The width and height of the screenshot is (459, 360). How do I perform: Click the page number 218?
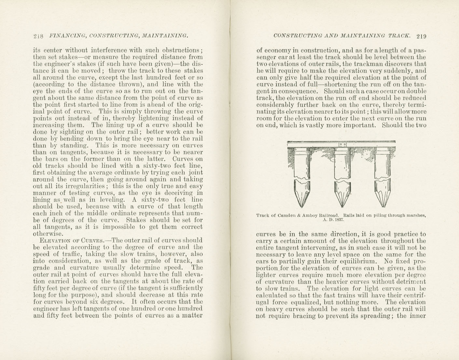click(38, 36)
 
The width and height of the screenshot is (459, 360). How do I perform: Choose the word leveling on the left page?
click(112, 200)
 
